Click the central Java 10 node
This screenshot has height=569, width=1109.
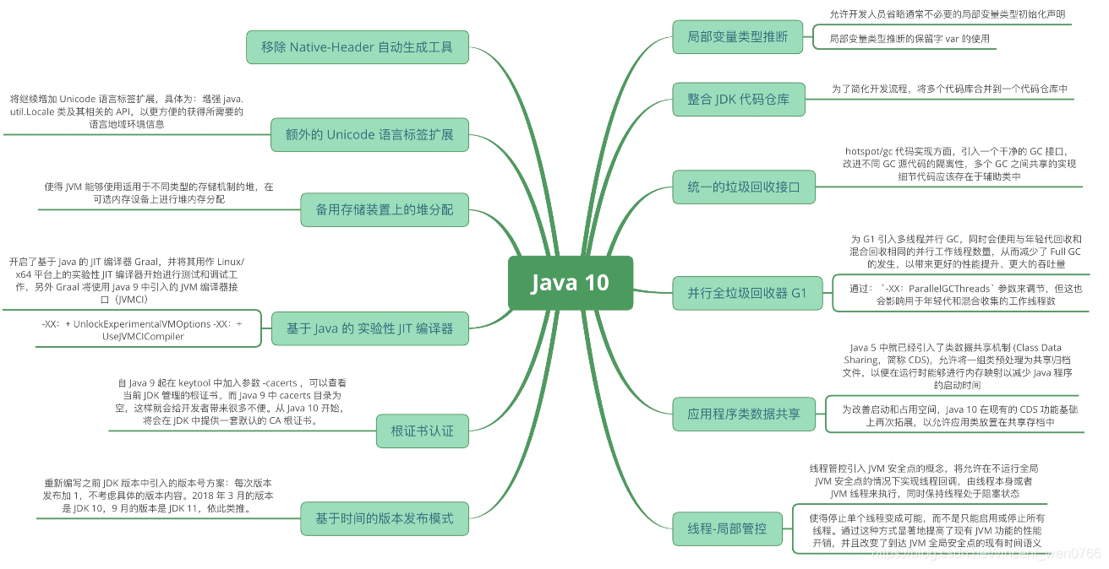click(x=570, y=283)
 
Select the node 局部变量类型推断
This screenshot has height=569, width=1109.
click(x=737, y=37)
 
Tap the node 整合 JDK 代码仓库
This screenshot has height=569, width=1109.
click(x=738, y=100)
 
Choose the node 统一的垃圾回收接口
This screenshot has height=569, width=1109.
click(x=744, y=187)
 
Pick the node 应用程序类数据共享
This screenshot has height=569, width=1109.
click(x=744, y=414)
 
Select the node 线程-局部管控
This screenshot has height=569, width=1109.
click(x=727, y=528)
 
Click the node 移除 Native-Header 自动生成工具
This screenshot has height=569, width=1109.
click(x=357, y=47)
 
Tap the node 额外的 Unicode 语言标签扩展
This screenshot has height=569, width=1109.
click(x=369, y=134)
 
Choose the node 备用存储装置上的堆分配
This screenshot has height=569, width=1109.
click(x=385, y=209)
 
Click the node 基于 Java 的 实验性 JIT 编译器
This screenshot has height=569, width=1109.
click(x=369, y=328)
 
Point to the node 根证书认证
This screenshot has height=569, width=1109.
click(x=422, y=431)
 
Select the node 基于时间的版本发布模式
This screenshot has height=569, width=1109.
click(x=385, y=518)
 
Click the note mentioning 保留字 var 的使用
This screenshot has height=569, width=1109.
click(x=909, y=39)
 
